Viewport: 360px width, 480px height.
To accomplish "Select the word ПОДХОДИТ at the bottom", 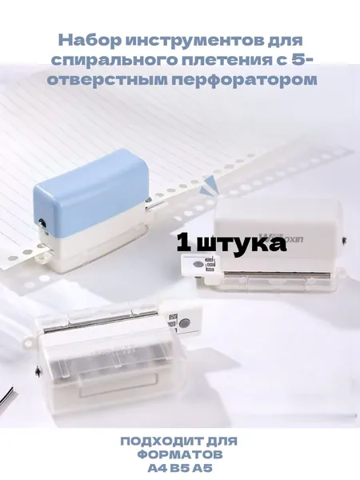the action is click(x=158, y=441).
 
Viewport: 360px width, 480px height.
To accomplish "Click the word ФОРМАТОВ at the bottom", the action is click(x=180, y=454).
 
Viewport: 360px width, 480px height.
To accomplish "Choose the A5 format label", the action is click(x=202, y=468).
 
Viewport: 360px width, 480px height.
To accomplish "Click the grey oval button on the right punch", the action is click(x=198, y=264).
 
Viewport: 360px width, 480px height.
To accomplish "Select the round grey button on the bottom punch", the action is click(x=184, y=322).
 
